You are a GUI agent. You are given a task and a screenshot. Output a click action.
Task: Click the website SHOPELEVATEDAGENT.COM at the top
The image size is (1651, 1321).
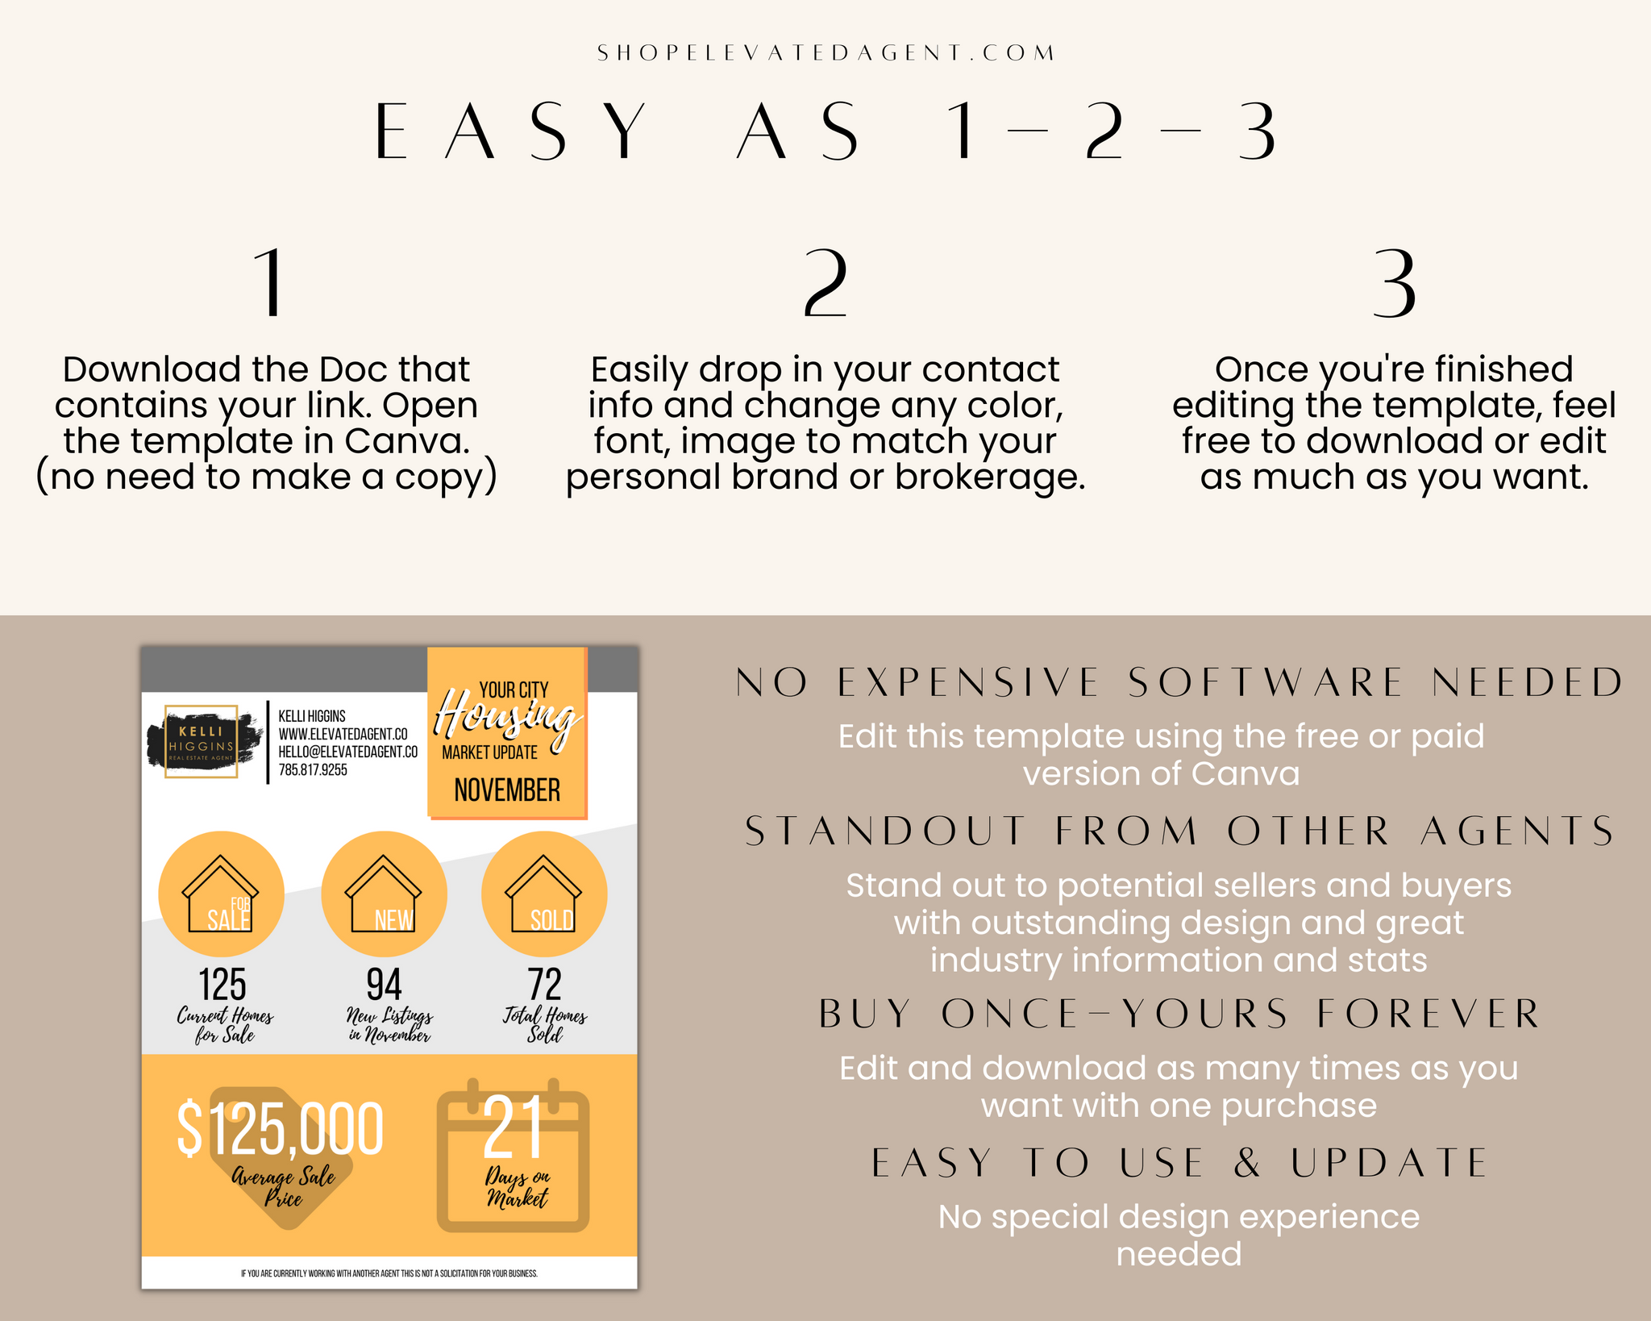coord(825,53)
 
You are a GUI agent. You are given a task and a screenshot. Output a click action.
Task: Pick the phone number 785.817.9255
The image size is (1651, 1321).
coord(313,770)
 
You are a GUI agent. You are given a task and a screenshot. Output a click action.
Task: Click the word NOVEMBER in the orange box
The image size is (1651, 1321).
coord(507,790)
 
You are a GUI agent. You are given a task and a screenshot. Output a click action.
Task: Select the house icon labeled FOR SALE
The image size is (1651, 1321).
coord(220,894)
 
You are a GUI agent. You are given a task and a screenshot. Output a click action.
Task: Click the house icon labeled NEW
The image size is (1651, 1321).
coord(383,894)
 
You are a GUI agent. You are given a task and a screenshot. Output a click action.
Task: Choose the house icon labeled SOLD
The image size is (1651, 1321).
coord(543,894)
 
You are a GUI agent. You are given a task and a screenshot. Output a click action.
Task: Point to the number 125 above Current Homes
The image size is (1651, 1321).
coord(222,985)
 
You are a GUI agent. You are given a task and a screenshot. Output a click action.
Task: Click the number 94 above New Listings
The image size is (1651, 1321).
coord(384,985)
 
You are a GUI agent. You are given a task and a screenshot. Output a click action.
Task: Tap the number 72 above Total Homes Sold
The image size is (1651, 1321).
coord(545,985)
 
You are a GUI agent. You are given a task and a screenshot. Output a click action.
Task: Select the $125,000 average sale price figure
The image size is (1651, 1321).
coord(280,1128)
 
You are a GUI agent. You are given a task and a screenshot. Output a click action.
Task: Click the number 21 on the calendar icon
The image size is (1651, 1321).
coord(512,1127)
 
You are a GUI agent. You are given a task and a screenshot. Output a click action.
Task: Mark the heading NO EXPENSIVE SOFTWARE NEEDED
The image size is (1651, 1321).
coord(1179,682)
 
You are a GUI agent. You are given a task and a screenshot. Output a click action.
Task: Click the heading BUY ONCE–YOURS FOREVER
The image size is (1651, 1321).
coord(1179,1014)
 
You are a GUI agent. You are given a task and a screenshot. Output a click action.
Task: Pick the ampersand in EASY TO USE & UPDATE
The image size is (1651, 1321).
coord(1247,1163)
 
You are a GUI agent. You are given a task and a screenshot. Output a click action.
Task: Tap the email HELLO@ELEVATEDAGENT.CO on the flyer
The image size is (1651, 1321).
coord(348,752)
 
